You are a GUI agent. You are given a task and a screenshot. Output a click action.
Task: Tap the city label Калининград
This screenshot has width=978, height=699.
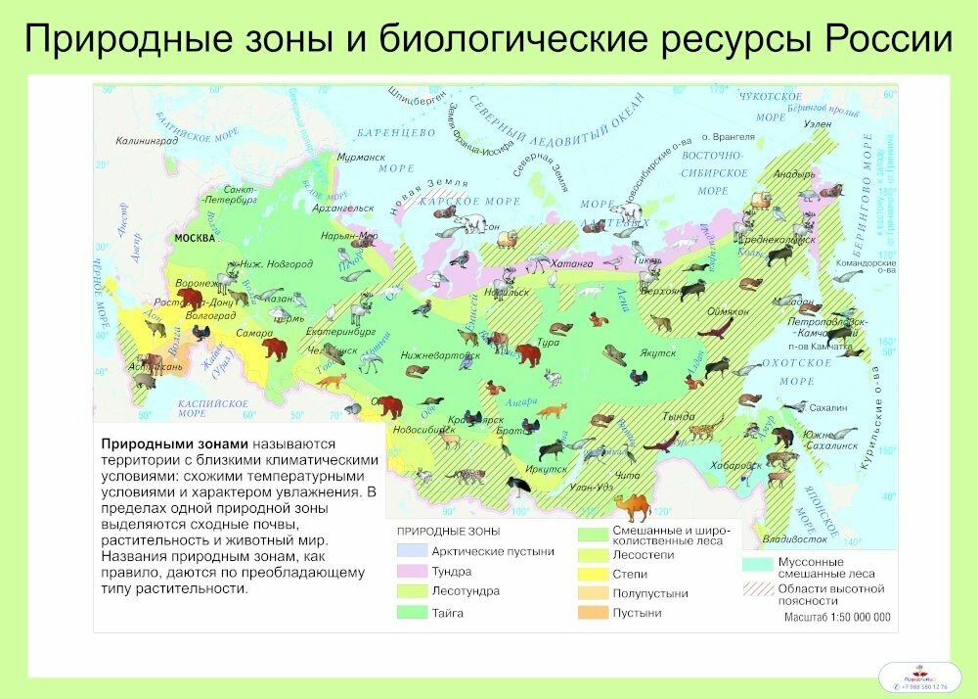coord(146,141)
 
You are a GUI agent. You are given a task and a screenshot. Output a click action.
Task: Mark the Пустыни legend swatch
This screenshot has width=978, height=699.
coord(592,613)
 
